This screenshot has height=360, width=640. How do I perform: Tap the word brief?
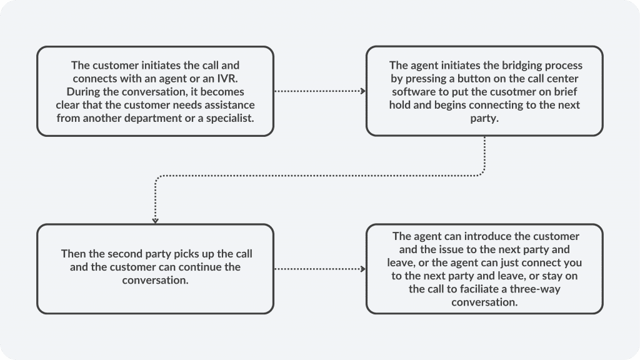pos(565,91)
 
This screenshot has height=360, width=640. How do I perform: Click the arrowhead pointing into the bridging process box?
pos(363,91)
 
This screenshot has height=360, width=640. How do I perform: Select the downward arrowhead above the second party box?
pos(155,221)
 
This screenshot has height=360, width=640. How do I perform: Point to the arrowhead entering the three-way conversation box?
pos(363,269)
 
